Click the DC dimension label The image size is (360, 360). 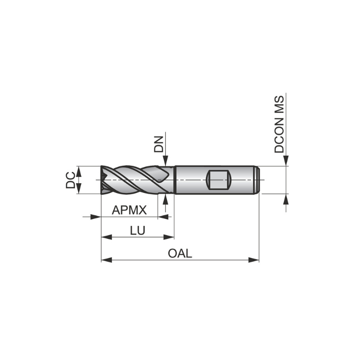pyautogui.click(x=70, y=180)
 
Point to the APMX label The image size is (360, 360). pyautogui.click(x=130, y=210)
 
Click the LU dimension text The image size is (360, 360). pyautogui.click(x=137, y=230)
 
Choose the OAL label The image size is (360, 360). pyautogui.click(x=180, y=253)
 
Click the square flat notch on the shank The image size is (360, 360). pyautogui.click(x=218, y=180)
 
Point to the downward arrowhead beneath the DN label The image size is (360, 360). pyautogui.click(x=166, y=162)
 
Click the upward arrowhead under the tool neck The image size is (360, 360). pyautogui.click(x=166, y=199)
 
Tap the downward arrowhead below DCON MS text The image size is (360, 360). pyautogui.click(x=286, y=162)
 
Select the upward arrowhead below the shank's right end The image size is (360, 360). pyautogui.click(x=286, y=199)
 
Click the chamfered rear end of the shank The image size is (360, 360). pyautogui.click(x=258, y=180)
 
